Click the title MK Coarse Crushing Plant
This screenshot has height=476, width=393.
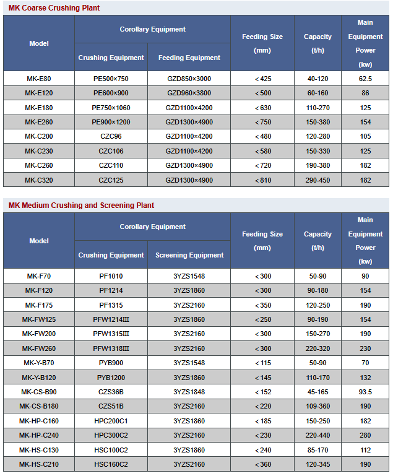(54, 8)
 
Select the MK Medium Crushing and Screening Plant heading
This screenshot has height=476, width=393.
(81, 206)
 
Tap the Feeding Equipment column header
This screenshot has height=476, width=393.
(189, 58)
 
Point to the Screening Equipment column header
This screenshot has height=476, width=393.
(189, 255)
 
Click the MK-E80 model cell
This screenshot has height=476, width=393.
(38, 79)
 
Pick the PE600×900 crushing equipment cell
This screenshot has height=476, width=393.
(111, 93)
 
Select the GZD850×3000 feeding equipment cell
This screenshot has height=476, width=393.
(189, 79)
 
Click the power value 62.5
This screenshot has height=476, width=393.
(365, 79)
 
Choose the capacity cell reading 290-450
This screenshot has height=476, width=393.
(317, 180)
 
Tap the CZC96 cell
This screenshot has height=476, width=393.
(111, 136)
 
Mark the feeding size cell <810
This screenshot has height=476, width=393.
(262, 180)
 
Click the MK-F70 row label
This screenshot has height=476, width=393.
(38, 276)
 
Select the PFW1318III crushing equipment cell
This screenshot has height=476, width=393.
(111, 348)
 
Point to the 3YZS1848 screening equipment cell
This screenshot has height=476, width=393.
(189, 392)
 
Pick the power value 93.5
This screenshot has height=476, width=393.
(365, 392)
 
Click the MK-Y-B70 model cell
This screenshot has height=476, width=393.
(38, 363)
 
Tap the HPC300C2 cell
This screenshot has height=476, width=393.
(111, 435)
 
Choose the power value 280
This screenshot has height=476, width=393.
(365, 435)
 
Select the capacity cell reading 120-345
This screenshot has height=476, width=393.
(317, 464)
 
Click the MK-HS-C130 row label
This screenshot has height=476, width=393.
(38, 450)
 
